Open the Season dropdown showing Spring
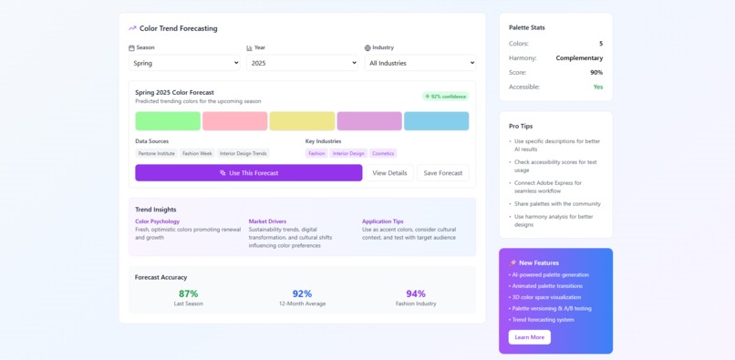coord(184,63)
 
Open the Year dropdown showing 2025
coord(302,63)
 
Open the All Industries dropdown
coord(419,63)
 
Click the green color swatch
coord(168,121)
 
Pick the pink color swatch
coord(235,121)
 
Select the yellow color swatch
coord(302,121)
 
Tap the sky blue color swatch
coord(436,121)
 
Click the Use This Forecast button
coord(248,172)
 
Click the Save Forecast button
coord(442,172)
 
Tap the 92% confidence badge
coord(445,97)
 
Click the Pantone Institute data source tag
coord(156,153)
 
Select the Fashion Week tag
coord(197,153)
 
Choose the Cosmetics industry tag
coord(383,153)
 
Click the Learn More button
coord(529,337)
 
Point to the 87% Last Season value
coord(189,293)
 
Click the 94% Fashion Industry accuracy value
coord(416,293)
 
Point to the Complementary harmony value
coord(579,58)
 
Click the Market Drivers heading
coord(267,221)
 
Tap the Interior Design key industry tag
coord(348,153)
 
